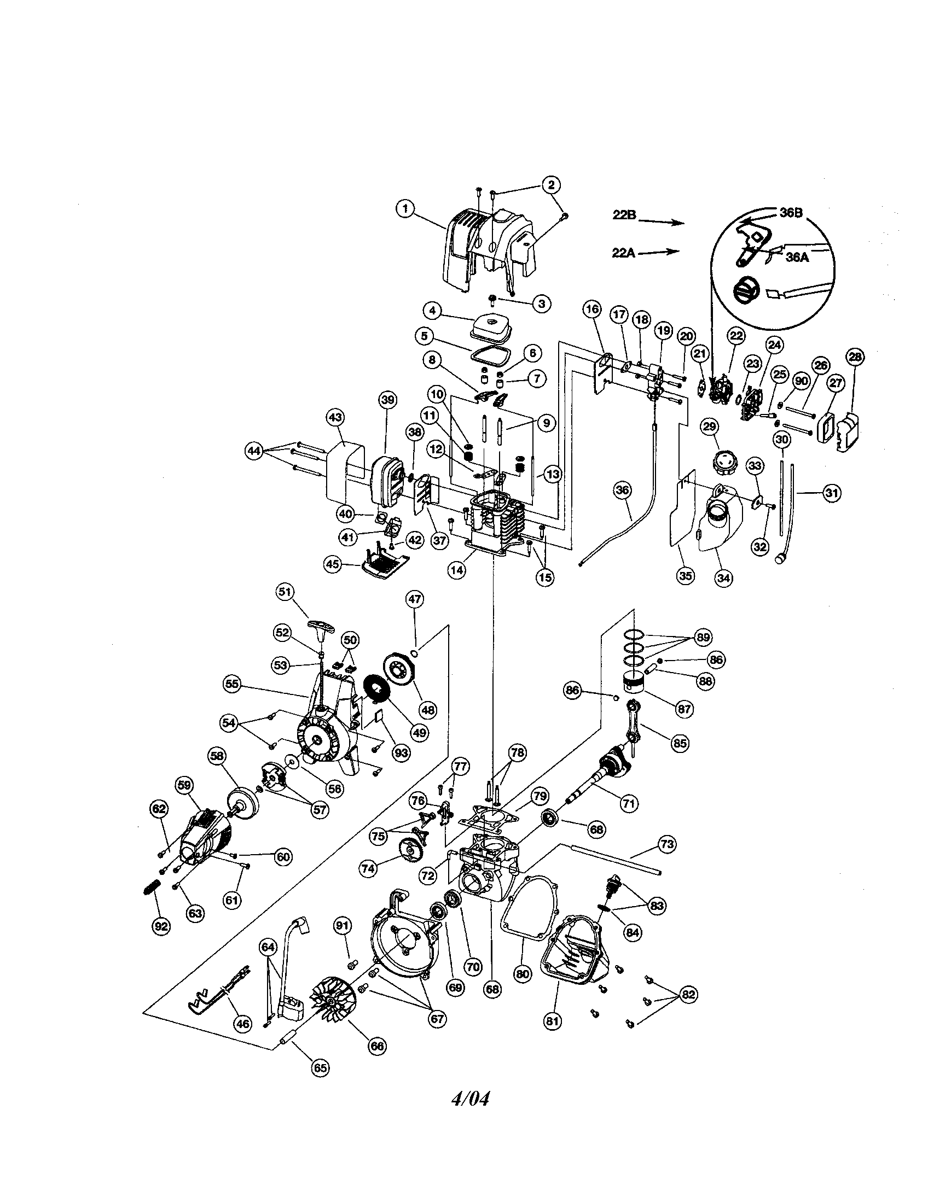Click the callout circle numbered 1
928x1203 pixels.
tap(405, 209)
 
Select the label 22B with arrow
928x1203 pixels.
tap(624, 215)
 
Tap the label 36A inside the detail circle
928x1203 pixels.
tap(796, 256)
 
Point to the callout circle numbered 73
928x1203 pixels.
tap(667, 844)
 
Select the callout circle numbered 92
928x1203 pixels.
tap(161, 926)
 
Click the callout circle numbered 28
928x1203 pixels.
tap(855, 357)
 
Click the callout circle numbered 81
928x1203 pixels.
tap(553, 1021)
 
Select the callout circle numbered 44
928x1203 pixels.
tap(253, 451)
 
